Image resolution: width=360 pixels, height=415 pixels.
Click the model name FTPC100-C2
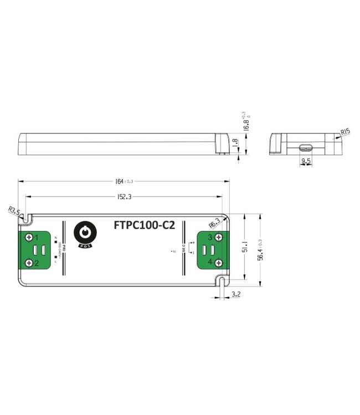point(144,225)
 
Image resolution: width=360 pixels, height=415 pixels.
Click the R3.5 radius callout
point(15,211)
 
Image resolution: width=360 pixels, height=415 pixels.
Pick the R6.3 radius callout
point(215,222)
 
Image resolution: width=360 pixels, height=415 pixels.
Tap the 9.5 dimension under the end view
point(305,162)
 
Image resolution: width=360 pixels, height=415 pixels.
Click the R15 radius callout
point(344,132)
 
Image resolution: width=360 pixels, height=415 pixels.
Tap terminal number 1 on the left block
point(37,237)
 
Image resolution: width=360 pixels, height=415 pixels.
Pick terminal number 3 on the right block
point(210,237)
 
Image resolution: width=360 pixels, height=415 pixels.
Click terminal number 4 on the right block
point(210,262)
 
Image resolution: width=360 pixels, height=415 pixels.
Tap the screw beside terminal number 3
point(219,238)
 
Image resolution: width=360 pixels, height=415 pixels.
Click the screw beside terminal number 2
point(28,263)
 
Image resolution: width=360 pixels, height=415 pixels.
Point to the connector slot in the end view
point(305,148)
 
